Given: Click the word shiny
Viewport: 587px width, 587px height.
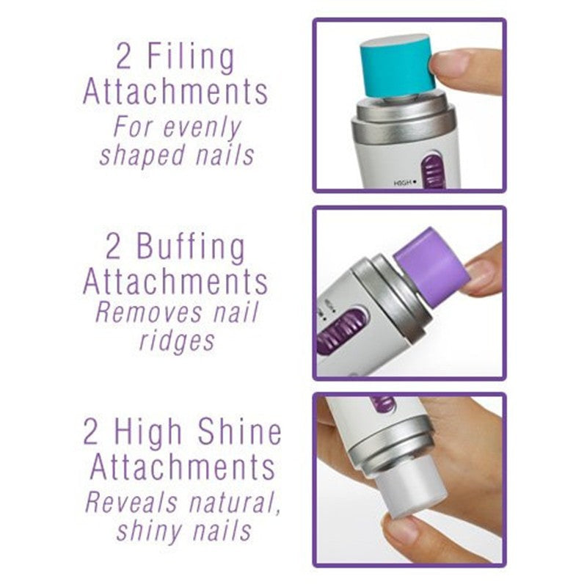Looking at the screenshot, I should (x=146, y=531).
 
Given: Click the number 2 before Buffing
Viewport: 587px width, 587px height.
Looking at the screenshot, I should (x=114, y=247).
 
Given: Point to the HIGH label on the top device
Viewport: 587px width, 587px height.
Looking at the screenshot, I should (x=403, y=183).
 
